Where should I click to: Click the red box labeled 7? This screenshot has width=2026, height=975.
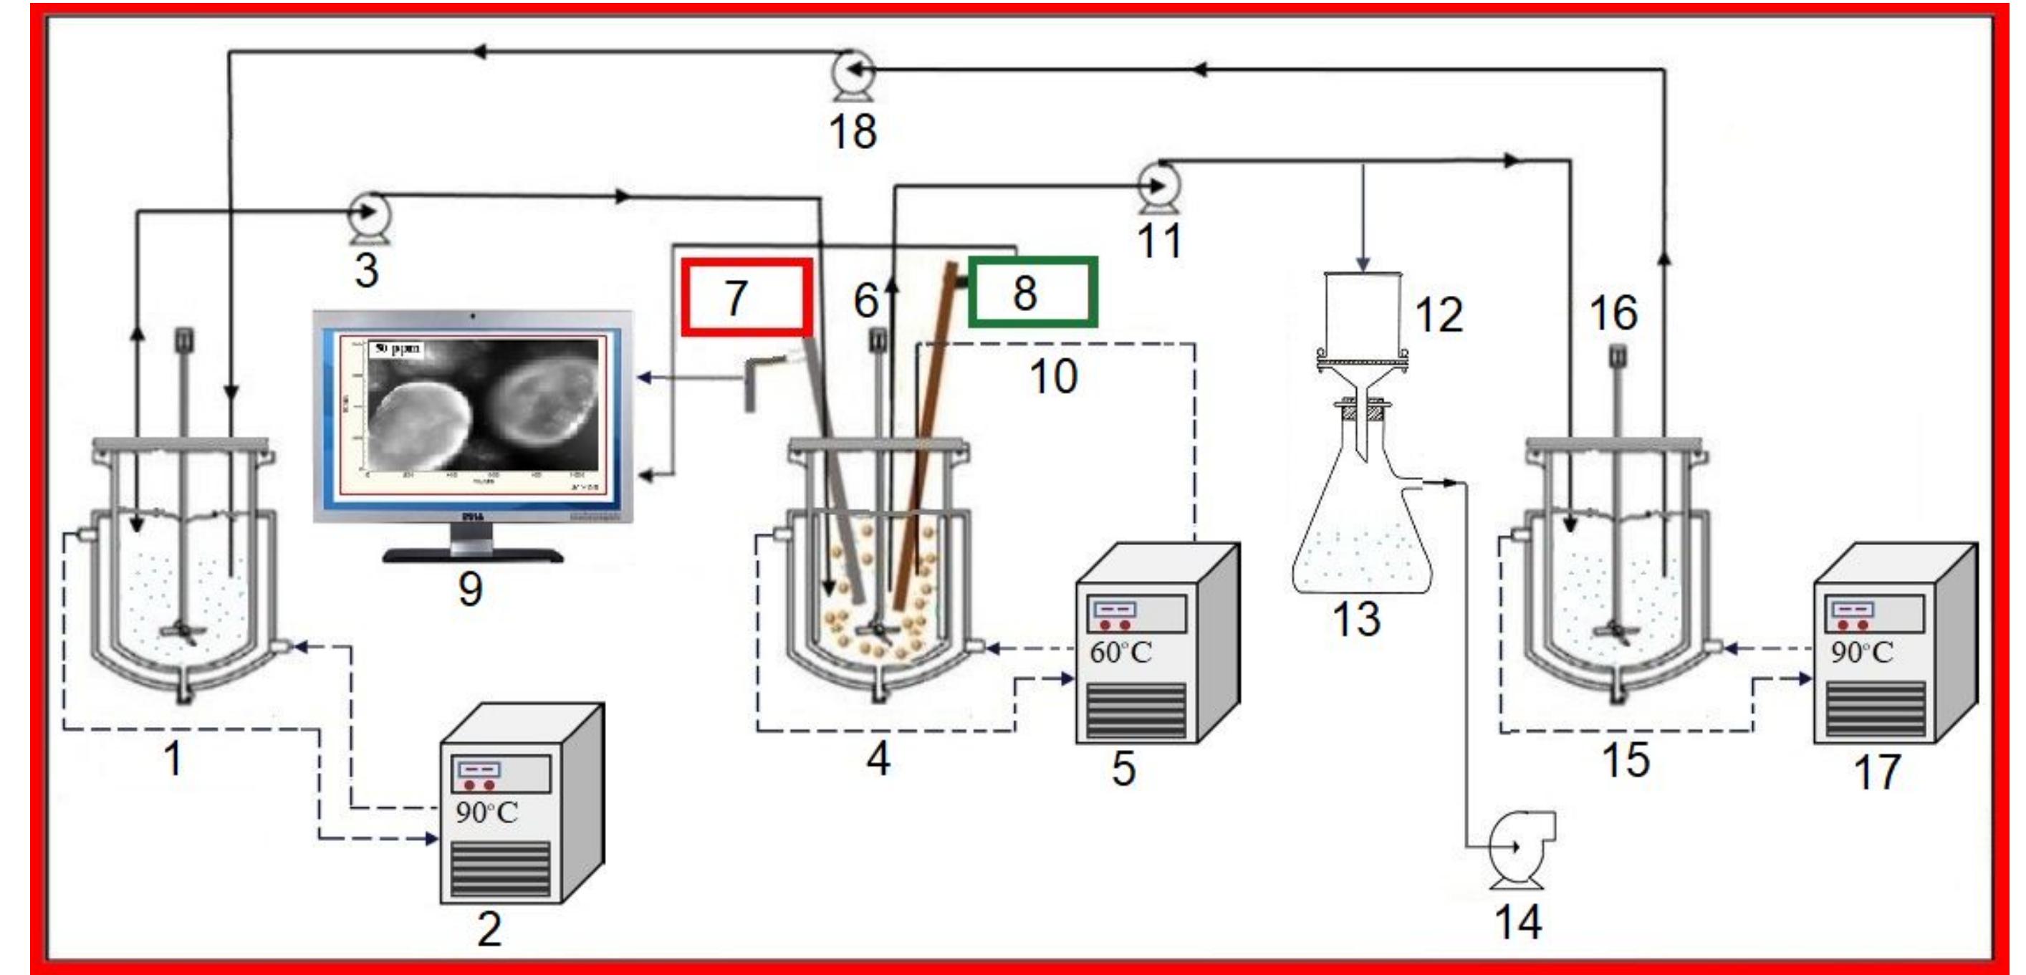coord(746,297)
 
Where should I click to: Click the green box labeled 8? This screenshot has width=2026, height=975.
coord(1032,292)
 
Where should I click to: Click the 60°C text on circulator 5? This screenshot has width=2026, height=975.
coord(1120,652)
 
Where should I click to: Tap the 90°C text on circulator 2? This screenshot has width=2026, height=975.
coord(486,812)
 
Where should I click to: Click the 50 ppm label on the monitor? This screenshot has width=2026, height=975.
coord(397,347)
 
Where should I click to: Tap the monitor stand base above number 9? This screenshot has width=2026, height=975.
coord(473,555)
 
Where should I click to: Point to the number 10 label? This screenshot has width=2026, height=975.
coord(1053,377)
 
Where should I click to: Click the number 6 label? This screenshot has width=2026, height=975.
coord(865,299)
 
